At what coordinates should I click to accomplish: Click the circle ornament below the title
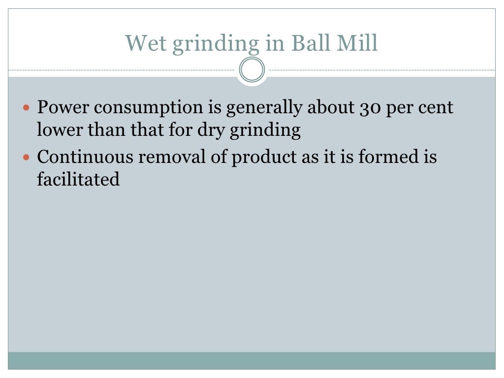point(252,70)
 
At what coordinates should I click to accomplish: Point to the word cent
point(436,108)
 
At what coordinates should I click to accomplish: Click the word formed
point(383,157)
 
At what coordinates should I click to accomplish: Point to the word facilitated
point(78,180)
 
